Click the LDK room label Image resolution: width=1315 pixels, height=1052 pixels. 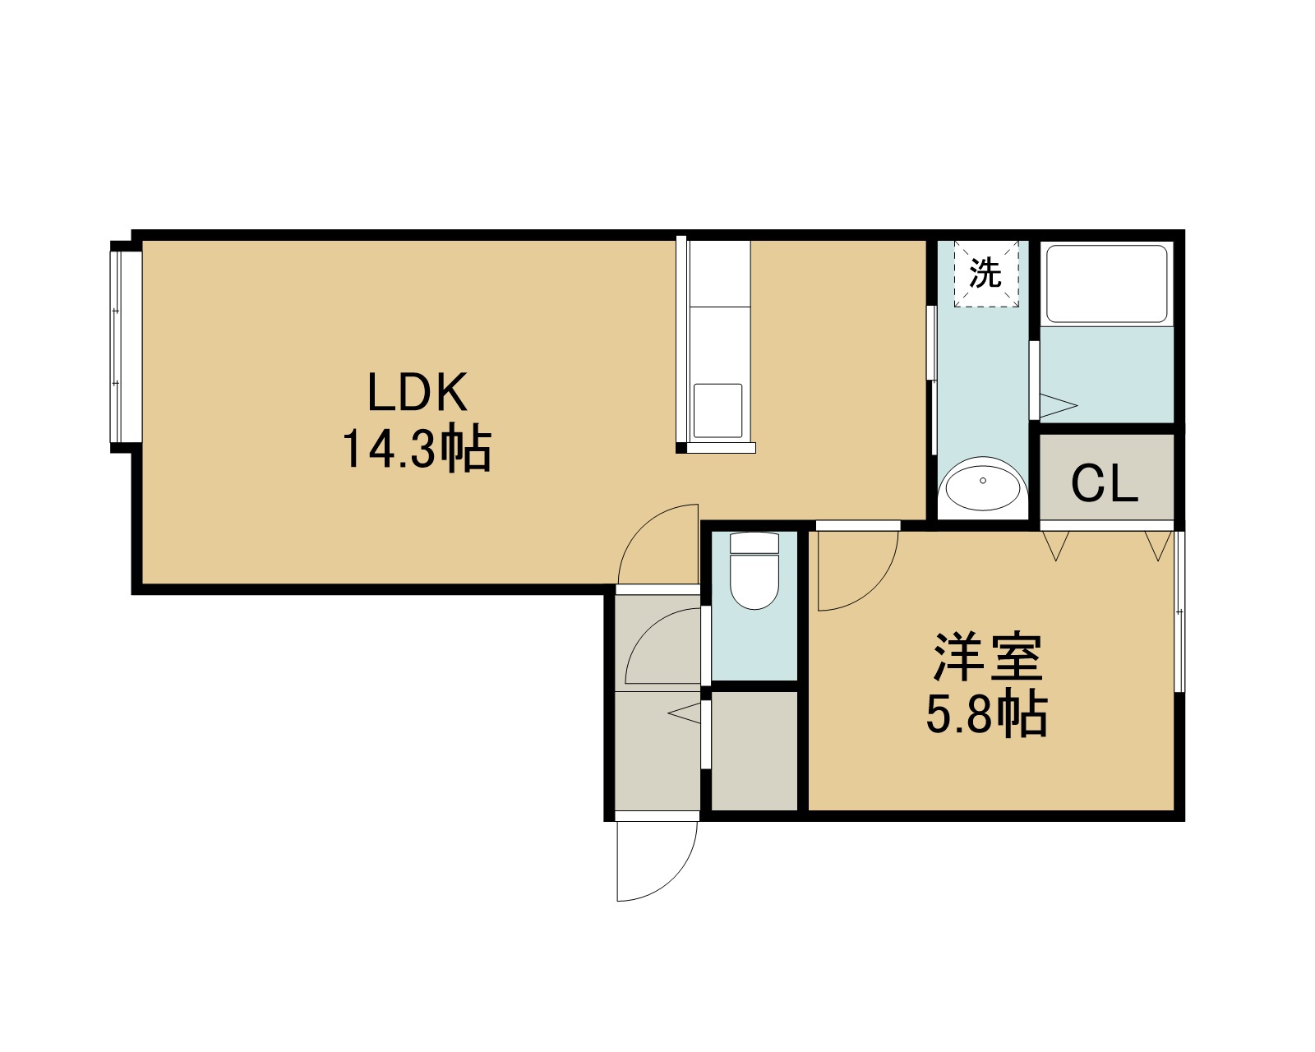click(418, 392)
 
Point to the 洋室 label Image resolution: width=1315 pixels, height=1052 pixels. click(987, 657)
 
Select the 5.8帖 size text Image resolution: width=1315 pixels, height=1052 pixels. click(987, 714)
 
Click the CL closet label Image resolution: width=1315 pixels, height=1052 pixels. click(1105, 483)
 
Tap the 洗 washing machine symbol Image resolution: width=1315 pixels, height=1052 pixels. click(985, 273)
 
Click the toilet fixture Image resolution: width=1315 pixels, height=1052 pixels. click(754, 571)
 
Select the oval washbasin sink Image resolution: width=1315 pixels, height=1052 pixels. click(983, 483)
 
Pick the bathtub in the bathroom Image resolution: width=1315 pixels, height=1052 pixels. click(1106, 284)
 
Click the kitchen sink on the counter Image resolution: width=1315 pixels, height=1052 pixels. click(718, 411)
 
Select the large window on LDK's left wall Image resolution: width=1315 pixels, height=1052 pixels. click(126, 347)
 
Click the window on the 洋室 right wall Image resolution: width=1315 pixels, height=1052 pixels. click(1179, 611)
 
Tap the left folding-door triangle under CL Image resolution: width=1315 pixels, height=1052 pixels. click(1056, 546)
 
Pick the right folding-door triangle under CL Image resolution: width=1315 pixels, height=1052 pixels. click(1158, 546)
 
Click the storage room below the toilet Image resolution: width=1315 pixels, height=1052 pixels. click(754, 751)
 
